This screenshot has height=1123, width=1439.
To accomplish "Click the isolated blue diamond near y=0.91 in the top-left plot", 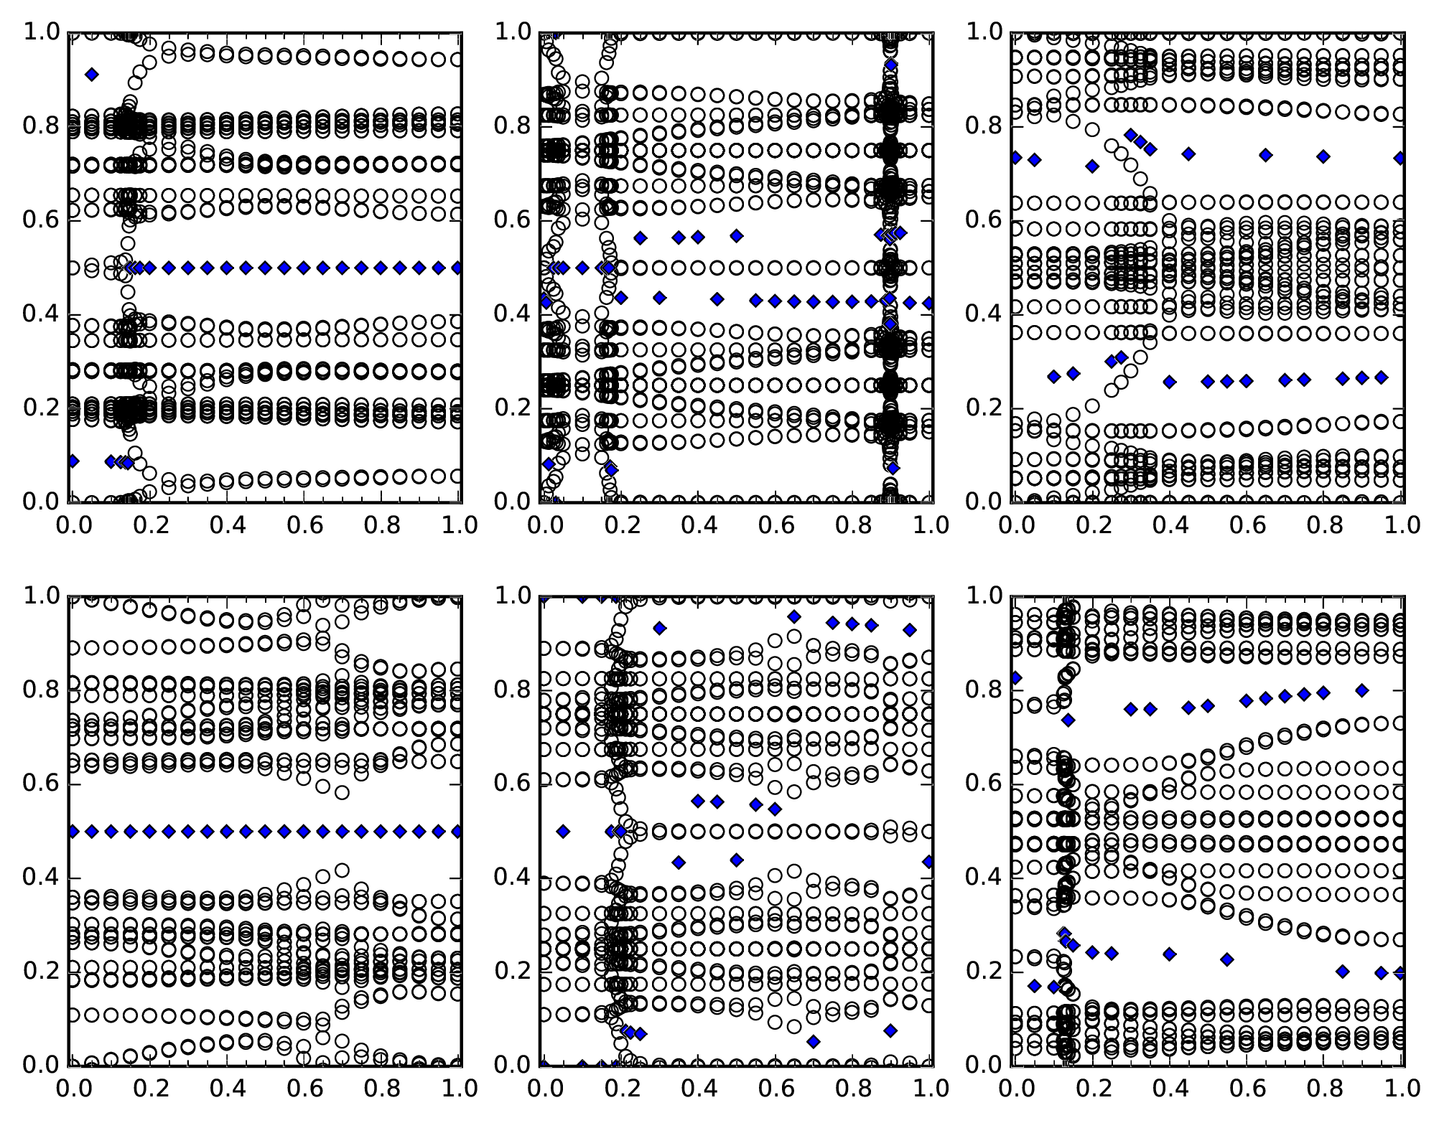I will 91,75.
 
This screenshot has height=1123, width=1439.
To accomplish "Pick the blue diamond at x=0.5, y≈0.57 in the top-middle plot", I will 736,236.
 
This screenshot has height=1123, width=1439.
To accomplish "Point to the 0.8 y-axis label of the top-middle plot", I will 512,126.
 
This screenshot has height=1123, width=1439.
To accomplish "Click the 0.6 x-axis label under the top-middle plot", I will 776,525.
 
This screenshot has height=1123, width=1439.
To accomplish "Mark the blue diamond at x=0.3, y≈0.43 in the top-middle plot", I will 659,297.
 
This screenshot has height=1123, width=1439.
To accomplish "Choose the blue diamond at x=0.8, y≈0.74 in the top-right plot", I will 1323,156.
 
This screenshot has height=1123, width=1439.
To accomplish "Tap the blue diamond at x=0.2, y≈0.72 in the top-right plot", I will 1092,166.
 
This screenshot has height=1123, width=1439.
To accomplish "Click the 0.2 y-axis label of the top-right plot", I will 983,408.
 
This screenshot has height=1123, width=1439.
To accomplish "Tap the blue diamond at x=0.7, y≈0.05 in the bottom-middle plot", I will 814,1041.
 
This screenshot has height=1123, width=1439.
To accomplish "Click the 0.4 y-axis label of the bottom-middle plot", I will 512,878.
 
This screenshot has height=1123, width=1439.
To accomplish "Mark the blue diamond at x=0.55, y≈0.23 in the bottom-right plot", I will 1227,959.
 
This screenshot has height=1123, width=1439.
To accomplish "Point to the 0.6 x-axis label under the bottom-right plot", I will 1247,1089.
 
